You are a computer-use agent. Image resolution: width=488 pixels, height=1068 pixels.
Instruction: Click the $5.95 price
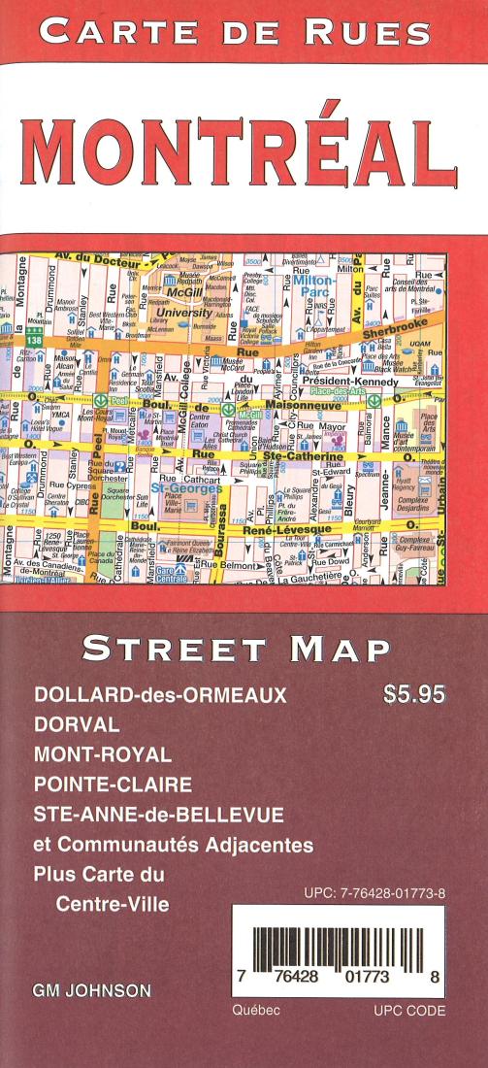pos(414,695)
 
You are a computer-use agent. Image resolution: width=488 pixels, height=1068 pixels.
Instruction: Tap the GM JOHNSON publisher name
pos(91,991)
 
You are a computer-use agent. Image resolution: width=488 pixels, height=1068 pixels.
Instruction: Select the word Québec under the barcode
pos(257,1010)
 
